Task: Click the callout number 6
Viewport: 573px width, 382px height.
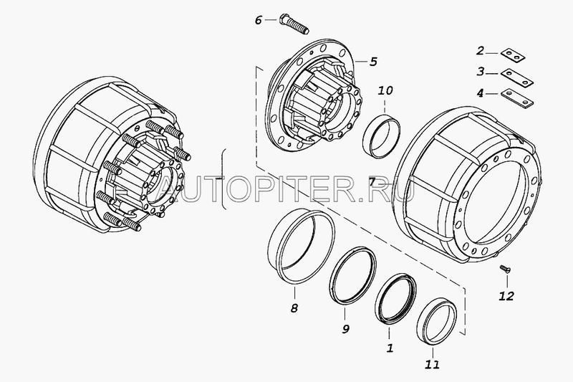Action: point(259,20)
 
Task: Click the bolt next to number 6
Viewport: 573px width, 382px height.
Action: point(294,24)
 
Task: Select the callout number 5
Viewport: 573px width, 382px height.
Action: point(373,62)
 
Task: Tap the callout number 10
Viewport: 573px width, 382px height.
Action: point(385,90)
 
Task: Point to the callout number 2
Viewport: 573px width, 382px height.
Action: point(481,50)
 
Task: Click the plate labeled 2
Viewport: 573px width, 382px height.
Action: point(513,56)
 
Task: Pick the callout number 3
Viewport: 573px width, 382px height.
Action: point(481,71)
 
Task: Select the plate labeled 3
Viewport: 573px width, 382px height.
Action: point(517,78)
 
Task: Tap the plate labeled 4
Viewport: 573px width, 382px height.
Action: point(517,99)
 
